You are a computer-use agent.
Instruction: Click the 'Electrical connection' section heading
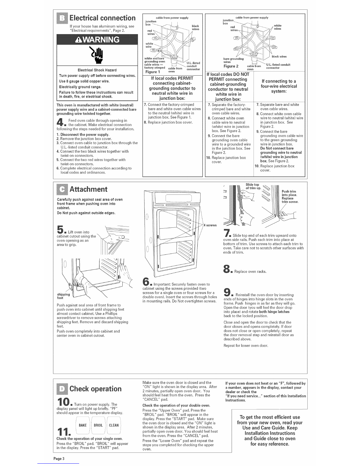(102, 19)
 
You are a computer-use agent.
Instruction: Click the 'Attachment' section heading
(88, 189)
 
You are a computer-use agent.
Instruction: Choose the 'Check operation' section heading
(95, 389)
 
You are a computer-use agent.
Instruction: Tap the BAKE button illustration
(83, 425)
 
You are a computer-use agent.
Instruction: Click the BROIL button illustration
(98, 425)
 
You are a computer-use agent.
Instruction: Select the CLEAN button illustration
(114, 425)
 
